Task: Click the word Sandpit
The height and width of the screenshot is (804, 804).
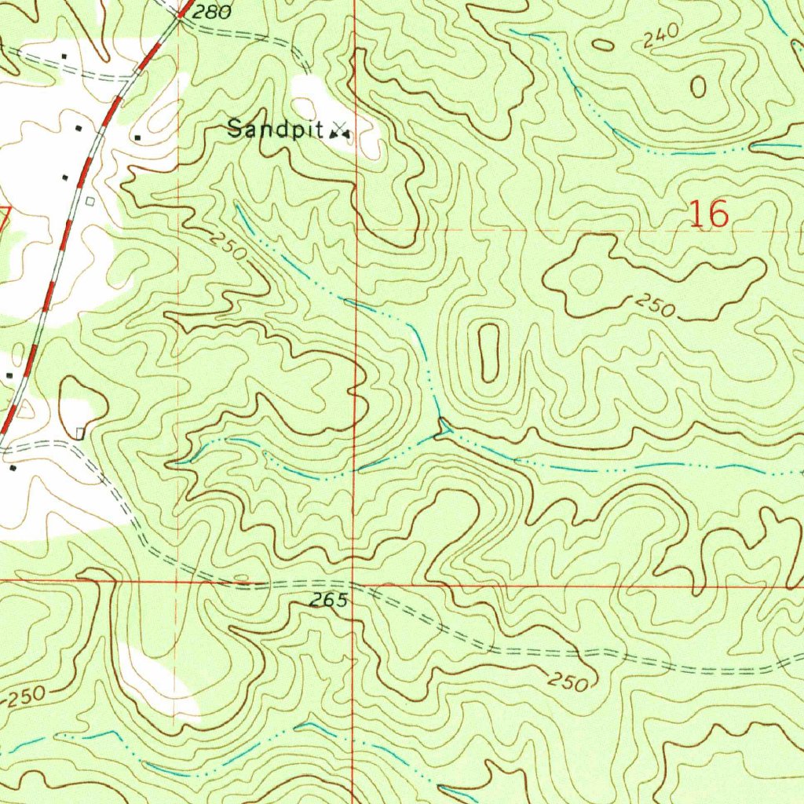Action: tap(276, 130)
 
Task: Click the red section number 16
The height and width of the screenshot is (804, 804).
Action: tap(708, 214)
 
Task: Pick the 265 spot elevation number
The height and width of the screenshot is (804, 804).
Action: tap(327, 601)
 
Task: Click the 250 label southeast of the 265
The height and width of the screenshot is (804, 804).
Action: tap(568, 682)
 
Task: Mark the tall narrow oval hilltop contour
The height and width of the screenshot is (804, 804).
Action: tap(488, 352)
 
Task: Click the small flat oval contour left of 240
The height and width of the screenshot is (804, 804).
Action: tap(603, 45)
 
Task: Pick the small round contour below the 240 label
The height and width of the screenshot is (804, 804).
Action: tap(698, 87)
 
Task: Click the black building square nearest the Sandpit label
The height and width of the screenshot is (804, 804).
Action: tap(137, 138)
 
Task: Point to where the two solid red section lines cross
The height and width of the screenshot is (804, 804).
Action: tap(354, 583)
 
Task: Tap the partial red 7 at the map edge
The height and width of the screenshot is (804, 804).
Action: tap(4, 220)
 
